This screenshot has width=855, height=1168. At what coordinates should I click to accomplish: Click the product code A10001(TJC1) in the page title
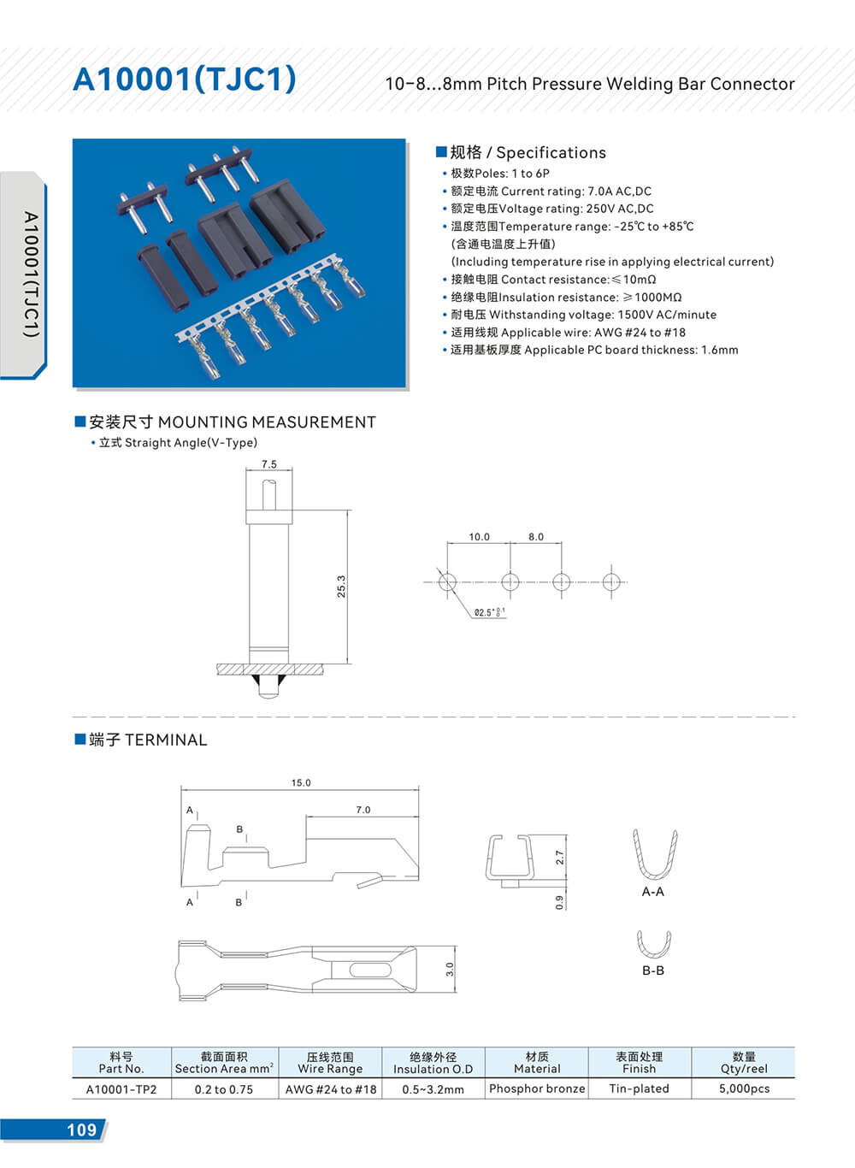tap(185, 80)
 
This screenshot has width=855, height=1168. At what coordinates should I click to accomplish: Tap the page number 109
tap(81, 1130)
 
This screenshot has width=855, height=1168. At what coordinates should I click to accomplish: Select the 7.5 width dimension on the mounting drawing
tap(269, 464)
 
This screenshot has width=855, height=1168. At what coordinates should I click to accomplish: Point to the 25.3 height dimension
tap(341, 586)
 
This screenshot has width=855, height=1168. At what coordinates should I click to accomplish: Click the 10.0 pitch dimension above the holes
tap(479, 537)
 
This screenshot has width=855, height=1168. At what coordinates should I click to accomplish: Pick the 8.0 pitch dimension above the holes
tap(536, 537)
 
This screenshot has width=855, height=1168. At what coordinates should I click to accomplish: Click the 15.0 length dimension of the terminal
tap(301, 782)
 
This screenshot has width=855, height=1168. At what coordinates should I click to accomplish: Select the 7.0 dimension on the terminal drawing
tap(363, 810)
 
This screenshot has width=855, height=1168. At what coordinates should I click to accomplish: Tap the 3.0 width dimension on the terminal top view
tap(450, 969)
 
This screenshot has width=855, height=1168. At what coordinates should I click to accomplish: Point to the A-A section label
tap(652, 892)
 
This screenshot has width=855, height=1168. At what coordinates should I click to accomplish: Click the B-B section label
tap(653, 970)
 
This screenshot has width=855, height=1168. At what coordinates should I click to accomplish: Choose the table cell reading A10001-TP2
tap(121, 1089)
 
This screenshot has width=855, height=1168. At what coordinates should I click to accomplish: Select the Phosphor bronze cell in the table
tap(537, 1088)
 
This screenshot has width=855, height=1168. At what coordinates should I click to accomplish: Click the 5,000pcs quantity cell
tap(744, 1088)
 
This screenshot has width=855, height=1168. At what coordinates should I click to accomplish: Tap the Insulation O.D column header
tap(433, 1063)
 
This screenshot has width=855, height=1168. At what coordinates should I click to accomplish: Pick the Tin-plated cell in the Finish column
tap(639, 1088)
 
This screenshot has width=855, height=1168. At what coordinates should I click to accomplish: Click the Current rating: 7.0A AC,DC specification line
tap(551, 192)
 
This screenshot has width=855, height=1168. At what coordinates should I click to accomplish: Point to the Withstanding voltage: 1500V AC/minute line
tap(583, 315)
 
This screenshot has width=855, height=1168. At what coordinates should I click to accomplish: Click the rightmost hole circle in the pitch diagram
tap(610, 582)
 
